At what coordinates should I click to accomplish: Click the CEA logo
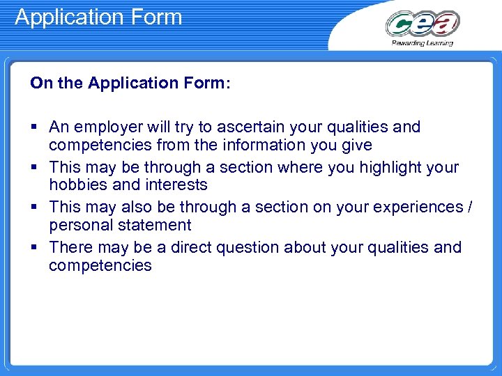click(x=423, y=24)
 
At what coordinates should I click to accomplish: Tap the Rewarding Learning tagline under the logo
click(x=423, y=43)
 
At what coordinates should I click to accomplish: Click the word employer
click(x=107, y=127)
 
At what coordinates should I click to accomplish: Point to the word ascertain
click(x=247, y=127)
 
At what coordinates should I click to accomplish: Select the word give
click(x=356, y=146)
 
